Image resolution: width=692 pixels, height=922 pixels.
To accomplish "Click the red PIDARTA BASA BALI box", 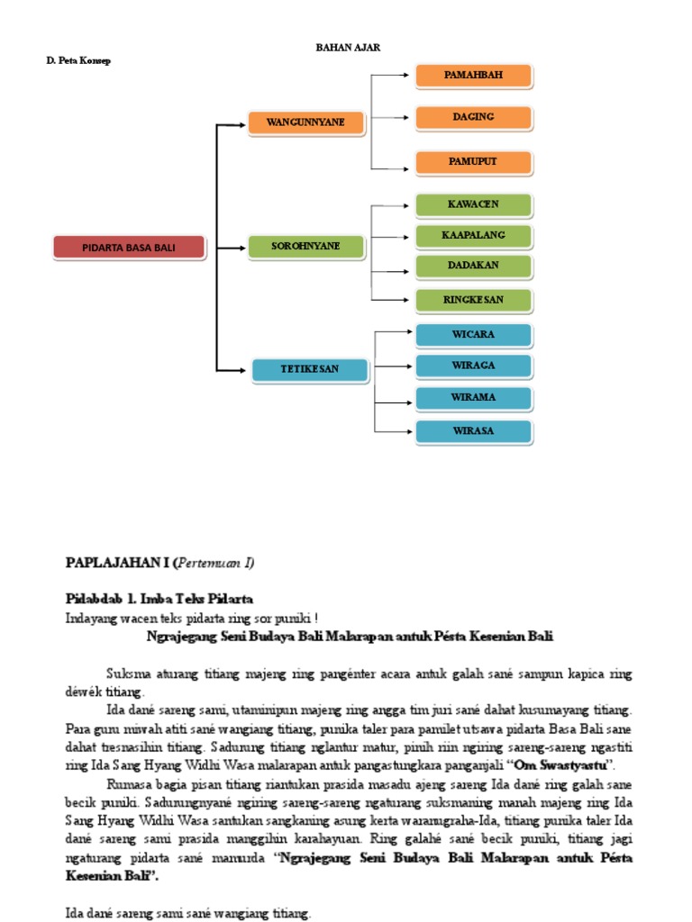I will (130, 248).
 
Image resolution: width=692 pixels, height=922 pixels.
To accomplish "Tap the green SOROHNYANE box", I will (305, 248).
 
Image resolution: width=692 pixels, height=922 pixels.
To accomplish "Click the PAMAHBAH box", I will (473, 77).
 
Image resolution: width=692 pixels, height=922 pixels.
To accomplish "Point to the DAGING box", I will (473, 118).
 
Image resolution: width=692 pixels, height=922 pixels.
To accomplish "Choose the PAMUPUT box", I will (473, 163).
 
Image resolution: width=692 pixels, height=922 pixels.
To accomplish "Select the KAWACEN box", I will (473, 205).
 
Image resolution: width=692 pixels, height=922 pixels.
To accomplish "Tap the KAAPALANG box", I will (473, 236).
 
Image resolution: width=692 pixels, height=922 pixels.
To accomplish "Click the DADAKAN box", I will (473, 267).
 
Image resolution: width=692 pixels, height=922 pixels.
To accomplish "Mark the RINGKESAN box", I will (473, 300).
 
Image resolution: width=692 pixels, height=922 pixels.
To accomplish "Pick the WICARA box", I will (473, 336).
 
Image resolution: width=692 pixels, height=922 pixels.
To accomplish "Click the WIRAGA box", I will (473, 366).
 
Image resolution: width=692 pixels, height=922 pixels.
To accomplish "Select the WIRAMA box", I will (473, 398).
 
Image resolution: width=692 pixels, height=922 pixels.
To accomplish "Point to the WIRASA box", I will (473, 432).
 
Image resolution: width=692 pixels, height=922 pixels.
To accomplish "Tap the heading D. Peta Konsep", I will (78, 60).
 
